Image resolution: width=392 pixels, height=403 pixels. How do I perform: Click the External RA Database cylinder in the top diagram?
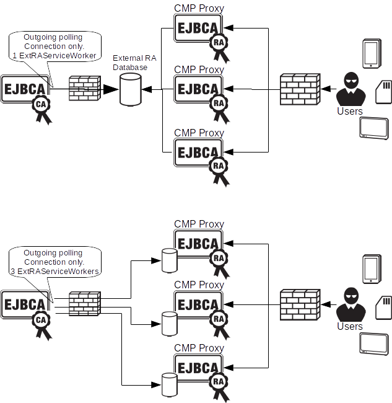(x=130, y=89)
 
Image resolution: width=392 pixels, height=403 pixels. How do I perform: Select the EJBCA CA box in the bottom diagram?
(x=25, y=304)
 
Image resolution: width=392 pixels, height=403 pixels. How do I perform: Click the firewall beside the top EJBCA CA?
(x=84, y=89)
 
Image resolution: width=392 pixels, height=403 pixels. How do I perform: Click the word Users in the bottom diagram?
(x=350, y=326)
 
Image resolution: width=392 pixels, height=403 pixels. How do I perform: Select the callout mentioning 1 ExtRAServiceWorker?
(x=54, y=46)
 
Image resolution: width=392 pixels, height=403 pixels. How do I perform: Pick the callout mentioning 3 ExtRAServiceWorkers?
(x=54, y=262)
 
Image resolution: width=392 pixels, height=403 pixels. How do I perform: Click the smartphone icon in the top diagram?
(x=372, y=53)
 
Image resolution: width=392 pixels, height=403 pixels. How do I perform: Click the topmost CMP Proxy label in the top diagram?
(x=199, y=9)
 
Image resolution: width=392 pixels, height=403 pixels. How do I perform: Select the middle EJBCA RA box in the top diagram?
(x=199, y=89)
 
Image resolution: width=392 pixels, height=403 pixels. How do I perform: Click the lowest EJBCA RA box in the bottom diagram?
(x=199, y=366)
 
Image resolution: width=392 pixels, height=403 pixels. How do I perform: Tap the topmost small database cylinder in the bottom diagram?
(x=168, y=260)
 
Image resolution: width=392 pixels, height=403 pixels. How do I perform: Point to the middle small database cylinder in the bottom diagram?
(x=168, y=322)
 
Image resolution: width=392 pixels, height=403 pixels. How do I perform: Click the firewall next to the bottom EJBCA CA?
(x=84, y=304)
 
